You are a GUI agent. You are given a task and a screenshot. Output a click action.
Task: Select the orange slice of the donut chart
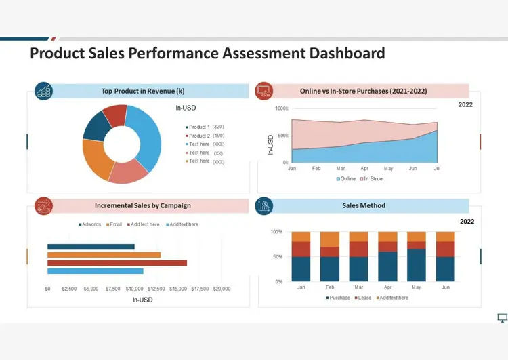point(96,159)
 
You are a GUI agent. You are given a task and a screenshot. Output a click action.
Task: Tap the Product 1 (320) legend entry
point(205,127)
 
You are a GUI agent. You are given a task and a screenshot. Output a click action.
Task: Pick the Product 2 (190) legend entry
point(205,136)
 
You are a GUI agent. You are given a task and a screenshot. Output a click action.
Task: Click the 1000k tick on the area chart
point(282,108)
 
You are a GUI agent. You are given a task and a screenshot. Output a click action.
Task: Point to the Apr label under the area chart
point(364,168)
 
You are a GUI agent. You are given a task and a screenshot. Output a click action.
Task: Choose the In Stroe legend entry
point(371,179)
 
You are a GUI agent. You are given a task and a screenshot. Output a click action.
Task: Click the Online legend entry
point(345,179)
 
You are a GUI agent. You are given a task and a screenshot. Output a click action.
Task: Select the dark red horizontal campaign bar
point(117,262)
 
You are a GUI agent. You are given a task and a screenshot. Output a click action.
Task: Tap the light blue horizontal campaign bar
point(96,271)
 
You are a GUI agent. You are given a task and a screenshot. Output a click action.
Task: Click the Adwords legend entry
point(89,224)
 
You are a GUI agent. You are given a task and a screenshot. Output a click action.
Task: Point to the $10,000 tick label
point(135,289)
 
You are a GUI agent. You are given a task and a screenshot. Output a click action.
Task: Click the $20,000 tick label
point(221,289)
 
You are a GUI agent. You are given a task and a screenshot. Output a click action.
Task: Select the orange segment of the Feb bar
point(330,239)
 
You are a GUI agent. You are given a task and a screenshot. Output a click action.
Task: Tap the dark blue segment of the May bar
point(417,265)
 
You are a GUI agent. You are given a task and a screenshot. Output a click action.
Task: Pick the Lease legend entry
point(363,298)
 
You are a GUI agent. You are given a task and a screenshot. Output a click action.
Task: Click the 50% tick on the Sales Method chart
point(278,256)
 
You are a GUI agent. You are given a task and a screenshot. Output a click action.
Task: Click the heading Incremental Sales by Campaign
point(143,205)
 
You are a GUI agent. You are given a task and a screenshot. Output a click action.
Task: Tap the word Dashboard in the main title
point(347,53)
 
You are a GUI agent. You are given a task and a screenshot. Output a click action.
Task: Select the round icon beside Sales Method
point(264,205)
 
